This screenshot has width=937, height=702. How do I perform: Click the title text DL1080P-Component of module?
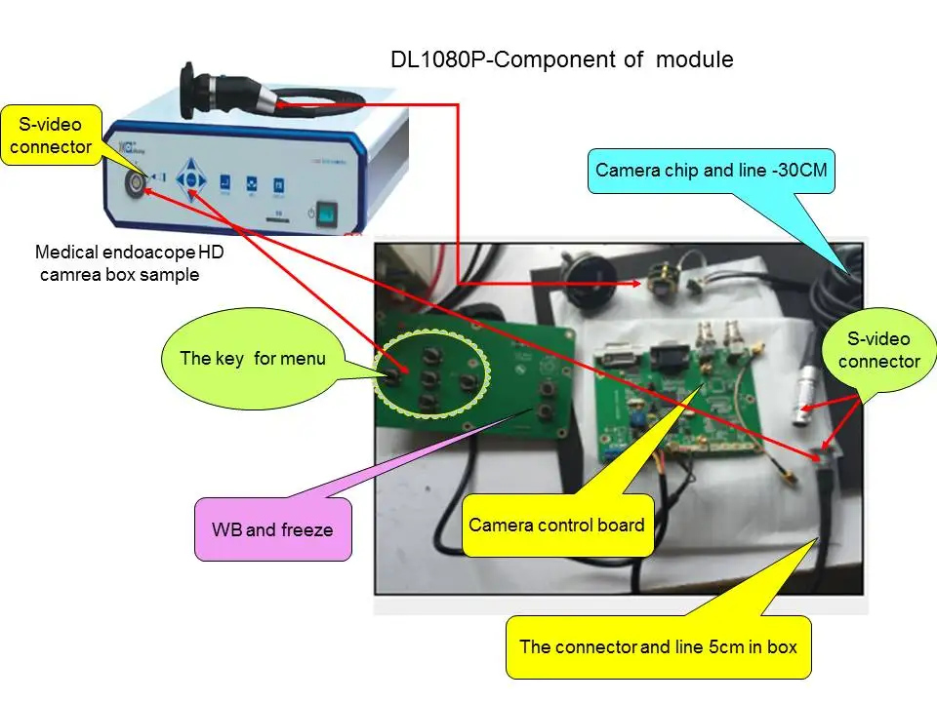(x=561, y=59)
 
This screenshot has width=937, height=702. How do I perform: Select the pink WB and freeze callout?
(x=272, y=529)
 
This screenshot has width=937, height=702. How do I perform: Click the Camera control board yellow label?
(x=556, y=525)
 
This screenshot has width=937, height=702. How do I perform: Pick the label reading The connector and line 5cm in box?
(x=658, y=645)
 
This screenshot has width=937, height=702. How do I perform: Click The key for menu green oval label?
(x=252, y=358)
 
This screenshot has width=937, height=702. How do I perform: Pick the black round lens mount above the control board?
(x=590, y=276)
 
